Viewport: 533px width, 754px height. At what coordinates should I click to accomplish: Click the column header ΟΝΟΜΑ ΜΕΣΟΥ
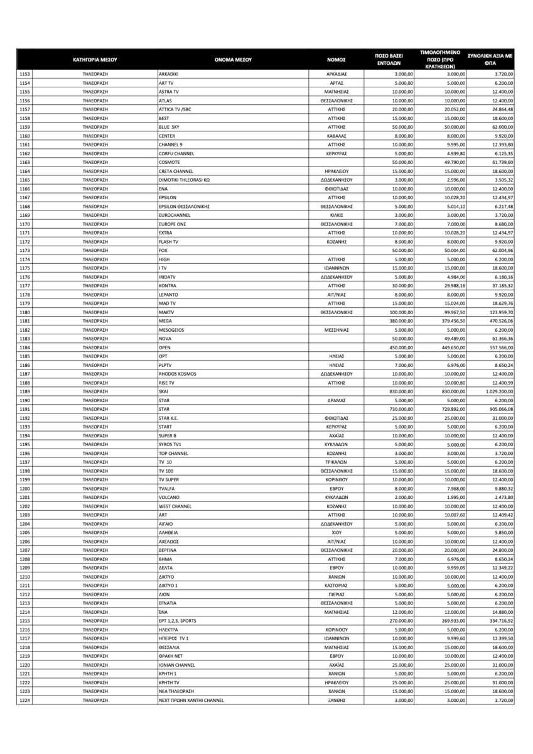(x=233, y=60)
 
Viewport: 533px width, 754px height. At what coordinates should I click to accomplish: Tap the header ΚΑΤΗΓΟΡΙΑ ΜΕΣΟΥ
(x=95, y=60)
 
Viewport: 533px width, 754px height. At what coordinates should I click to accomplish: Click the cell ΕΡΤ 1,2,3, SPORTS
(x=177, y=620)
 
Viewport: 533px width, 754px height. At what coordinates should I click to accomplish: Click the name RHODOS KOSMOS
(x=177, y=373)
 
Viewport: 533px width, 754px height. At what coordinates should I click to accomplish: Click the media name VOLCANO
(x=170, y=497)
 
